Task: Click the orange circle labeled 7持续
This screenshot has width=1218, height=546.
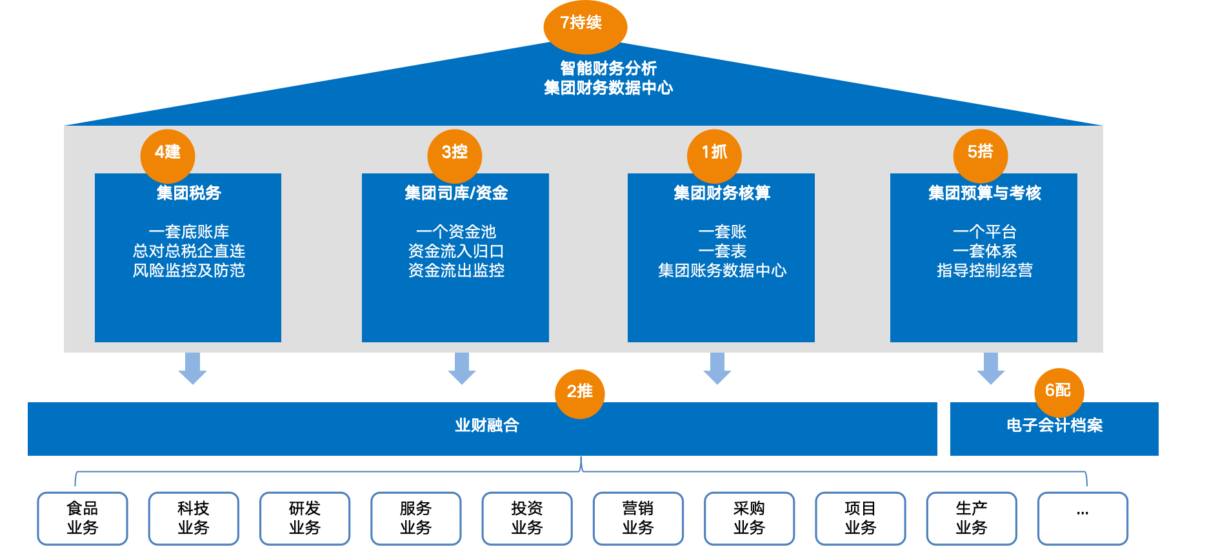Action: tap(585, 26)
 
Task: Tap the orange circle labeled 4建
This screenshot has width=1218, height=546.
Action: tap(168, 155)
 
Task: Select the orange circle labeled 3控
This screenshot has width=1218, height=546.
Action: tap(455, 155)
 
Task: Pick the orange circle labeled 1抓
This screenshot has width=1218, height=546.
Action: tap(714, 155)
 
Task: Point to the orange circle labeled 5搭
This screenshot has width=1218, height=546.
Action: tap(981, 155)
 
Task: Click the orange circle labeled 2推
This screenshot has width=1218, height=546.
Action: tap(580, 394)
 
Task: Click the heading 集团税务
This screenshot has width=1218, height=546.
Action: tap(188, 193)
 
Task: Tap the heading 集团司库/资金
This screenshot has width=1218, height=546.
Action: tap(456, 193)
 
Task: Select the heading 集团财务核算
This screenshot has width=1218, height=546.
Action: tap(722, 193)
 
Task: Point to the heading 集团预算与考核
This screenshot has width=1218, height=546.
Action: tap(984, 193)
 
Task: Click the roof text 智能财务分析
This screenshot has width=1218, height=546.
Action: tap(608, 68)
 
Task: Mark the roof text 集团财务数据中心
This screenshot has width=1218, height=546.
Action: tap(608, 88)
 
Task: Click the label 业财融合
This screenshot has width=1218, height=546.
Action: tap(487, 425)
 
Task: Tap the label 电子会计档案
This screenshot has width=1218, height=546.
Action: tap(1055, 425)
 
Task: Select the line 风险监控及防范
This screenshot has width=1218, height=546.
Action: tap(188, 270)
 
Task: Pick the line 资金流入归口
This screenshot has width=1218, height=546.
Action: tap(456, 251)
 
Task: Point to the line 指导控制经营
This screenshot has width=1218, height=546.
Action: tap(984, 270)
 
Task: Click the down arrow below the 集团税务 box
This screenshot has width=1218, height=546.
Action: tap(192, 368)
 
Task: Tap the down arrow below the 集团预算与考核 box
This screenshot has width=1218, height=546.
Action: tap(991, 368)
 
